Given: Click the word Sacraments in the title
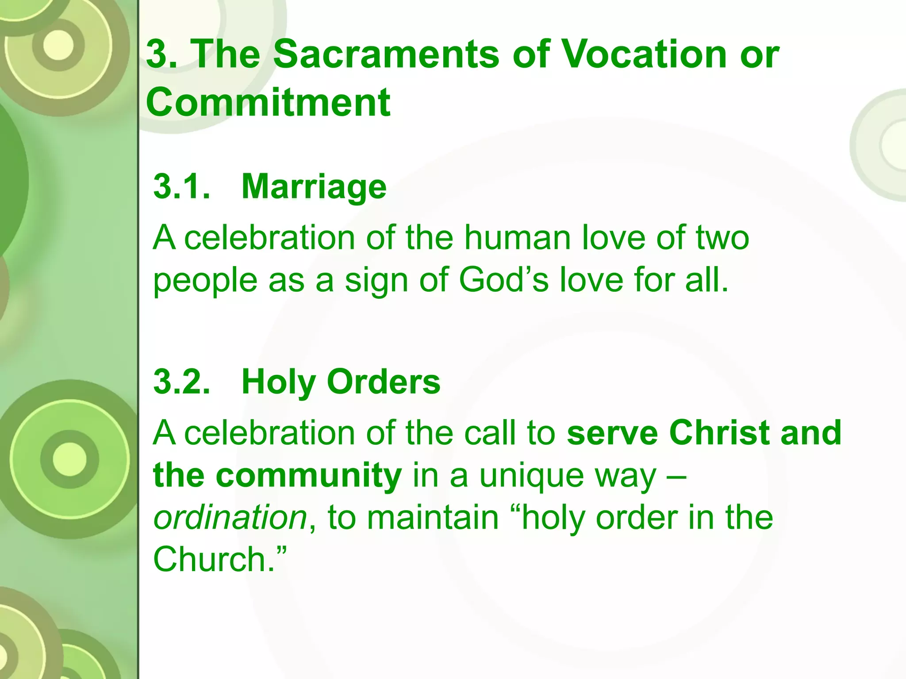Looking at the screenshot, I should point(386,54).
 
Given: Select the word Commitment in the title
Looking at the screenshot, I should point(268,103).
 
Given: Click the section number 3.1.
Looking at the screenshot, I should point(182,187).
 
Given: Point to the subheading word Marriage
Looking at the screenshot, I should point(314,187).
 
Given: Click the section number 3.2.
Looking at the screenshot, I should point(182,382).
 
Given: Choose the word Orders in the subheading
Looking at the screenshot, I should point(384,382).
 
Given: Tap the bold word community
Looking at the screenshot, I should point(309,476).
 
